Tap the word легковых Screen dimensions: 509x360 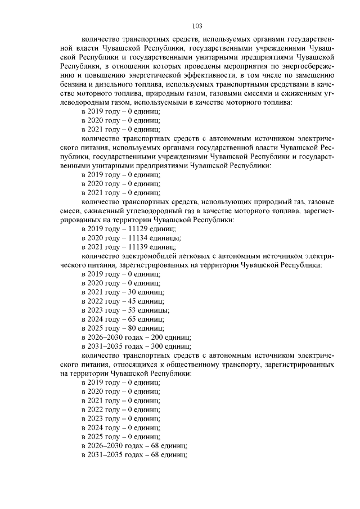point(194,256)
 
